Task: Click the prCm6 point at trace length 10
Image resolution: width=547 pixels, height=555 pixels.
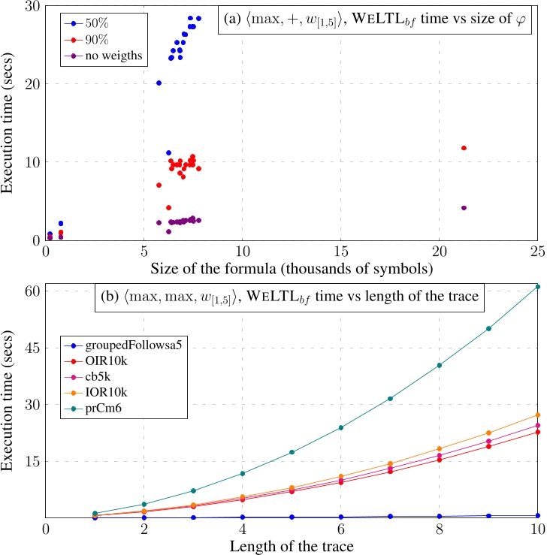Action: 537,286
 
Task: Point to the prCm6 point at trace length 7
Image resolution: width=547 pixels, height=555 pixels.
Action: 390,398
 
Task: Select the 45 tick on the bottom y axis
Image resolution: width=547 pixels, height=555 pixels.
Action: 32,347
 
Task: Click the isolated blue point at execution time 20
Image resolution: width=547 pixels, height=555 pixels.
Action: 159,83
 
